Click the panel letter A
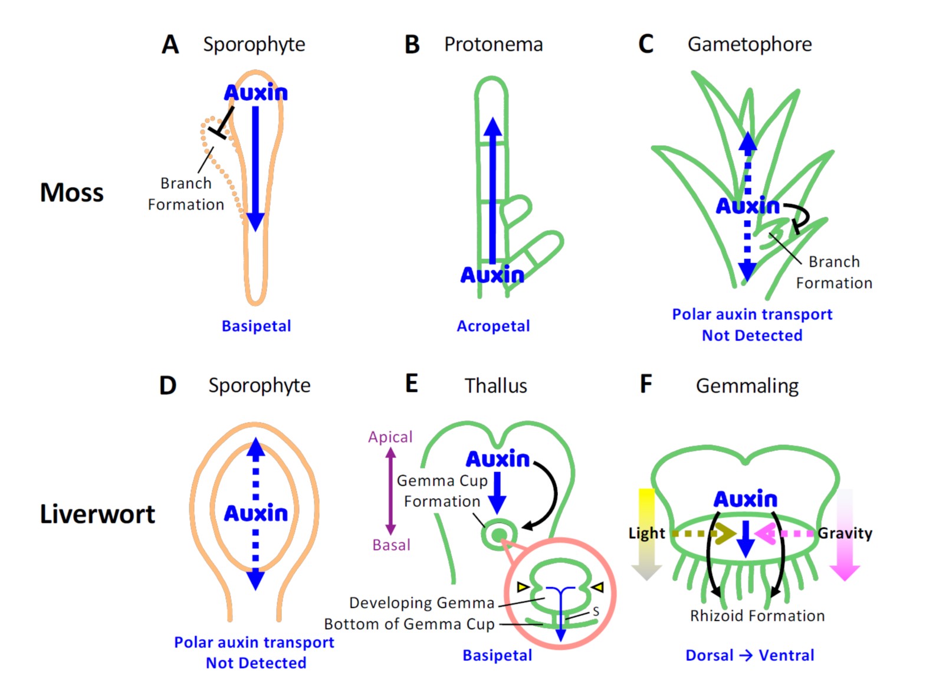tap(170, 45)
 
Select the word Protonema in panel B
tap(493, 44)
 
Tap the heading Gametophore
tap(749, 44)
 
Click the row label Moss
tap(71, 192)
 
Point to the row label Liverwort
tap(97, 514)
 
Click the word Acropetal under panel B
tap(493, 326)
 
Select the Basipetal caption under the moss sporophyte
tap(256, 326)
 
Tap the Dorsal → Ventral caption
tap(749, 655)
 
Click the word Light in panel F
tap(646, 533)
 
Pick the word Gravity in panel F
tap(845, 533)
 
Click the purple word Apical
tap(390, 437)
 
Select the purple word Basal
tap(391, 545)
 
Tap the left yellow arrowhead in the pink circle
tap(523, 587)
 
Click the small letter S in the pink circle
tap(596, 611)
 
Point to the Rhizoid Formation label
tap(757, 615)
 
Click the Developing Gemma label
tap(421, 603)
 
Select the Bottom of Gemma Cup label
tap(409, 624)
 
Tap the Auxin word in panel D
tap(255, 513)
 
